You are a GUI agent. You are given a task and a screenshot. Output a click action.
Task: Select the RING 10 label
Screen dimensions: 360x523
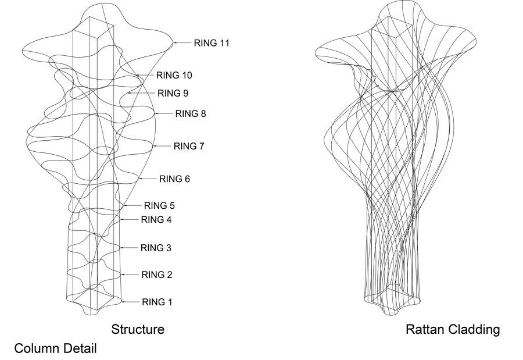pos(174,75)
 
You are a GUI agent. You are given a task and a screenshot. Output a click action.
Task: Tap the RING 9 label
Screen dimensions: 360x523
pos(173,93)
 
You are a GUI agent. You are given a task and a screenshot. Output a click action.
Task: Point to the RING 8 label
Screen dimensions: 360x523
pos(190,114)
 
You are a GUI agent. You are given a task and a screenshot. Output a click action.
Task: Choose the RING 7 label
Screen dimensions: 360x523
pos(189,146)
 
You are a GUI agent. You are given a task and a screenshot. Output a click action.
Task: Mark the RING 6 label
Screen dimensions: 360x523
pos(174,179)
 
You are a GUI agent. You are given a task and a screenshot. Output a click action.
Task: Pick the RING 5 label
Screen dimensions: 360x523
pos(159,205)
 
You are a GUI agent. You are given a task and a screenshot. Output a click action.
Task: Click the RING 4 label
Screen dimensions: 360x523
pos(156,220)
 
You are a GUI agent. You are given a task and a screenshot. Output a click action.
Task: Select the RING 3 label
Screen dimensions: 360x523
pos(156,248)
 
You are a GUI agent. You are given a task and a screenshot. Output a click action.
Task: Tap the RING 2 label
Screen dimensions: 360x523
pos(157,275)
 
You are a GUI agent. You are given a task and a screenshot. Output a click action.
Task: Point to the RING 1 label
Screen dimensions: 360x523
pos(157,302)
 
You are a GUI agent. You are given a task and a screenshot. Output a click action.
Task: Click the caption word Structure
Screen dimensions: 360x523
pos(138,330)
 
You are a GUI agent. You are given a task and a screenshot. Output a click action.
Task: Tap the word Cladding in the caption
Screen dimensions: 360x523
pos(474,330)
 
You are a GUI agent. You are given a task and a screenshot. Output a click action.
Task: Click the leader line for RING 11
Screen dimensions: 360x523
pos(184,42)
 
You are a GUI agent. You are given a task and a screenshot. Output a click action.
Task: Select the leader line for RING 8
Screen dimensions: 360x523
pos(164,113)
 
